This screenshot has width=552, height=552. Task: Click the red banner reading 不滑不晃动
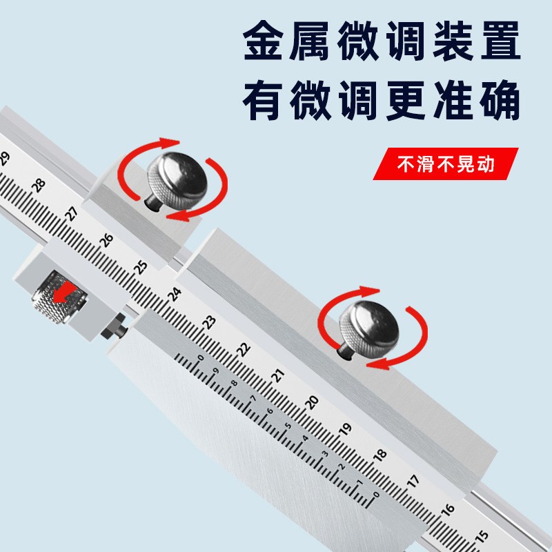[446, 165]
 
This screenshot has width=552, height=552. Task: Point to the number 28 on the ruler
[39, 185]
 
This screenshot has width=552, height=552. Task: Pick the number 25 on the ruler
[141, 266]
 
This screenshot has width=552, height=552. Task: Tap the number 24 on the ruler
[175, 294]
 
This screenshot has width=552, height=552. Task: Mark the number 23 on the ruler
[209, 321]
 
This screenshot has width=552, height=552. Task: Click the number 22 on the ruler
[243, 348]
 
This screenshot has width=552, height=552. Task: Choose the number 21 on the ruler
[277, 375]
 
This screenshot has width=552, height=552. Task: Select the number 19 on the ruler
[345, 429]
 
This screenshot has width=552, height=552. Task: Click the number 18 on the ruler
[379, 456]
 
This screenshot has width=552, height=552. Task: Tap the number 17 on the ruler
[413, 483]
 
